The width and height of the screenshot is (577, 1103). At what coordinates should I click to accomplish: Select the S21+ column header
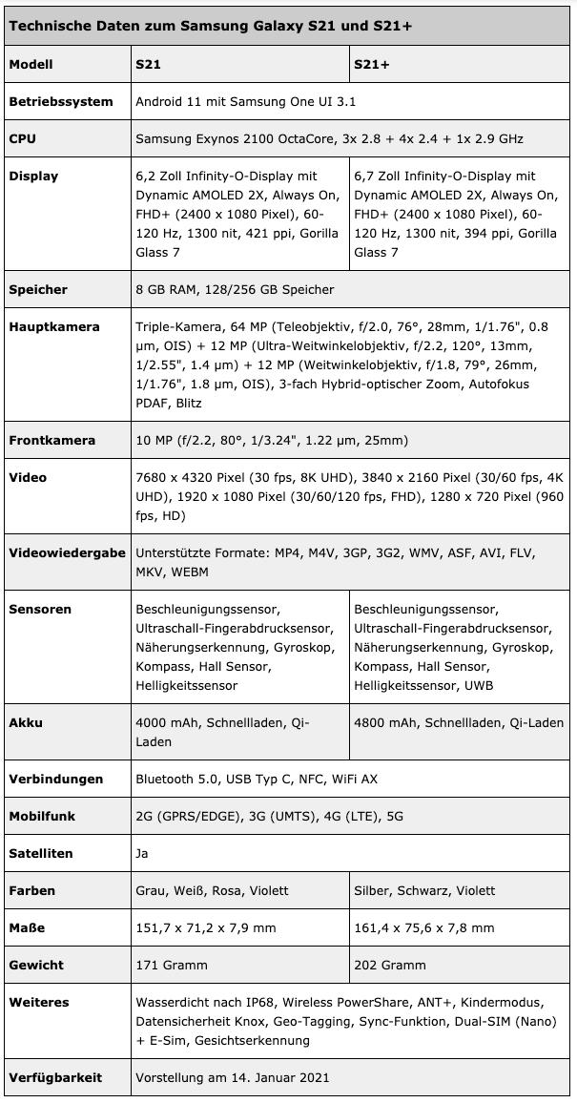click(x=373, y=64)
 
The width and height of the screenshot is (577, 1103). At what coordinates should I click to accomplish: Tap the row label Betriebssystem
click(x=61, y=101)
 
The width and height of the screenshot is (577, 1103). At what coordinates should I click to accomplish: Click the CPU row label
click(x=23, y=138)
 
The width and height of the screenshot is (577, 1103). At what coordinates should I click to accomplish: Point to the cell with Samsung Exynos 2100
click(x=329, y=138)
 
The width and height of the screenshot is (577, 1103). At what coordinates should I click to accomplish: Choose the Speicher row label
click(x=38, y=289)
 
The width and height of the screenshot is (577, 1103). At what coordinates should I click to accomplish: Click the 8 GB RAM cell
click(x=235, y=289)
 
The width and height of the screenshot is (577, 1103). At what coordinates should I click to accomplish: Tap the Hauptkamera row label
click(x=54, y=326)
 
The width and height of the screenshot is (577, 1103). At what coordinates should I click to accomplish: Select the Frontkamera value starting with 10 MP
click(x=272, y=440)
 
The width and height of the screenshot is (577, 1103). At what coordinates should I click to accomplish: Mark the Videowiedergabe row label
click(x=68, y=552)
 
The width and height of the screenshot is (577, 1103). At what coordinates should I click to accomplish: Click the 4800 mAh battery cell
click(x=459, y=722)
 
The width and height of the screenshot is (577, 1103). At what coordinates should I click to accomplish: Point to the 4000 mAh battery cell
click(x=222, y=732)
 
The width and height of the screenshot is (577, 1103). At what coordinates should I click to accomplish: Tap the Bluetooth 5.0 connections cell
click(x=257, y=779)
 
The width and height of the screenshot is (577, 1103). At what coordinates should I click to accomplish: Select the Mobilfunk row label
click(x=43, y=816)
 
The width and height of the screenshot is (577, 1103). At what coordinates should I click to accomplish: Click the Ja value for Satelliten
click(x=142, y=853)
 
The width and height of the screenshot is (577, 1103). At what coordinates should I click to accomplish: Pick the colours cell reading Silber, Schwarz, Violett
click(x=424, y=890)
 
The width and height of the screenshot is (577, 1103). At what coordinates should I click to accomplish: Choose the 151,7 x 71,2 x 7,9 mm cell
click(x=206, y=927)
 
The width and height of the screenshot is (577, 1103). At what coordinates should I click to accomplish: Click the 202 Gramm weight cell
click(x=390, y=965)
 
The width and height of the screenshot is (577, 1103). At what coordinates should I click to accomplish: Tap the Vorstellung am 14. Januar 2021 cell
click(x=233, y=1077)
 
